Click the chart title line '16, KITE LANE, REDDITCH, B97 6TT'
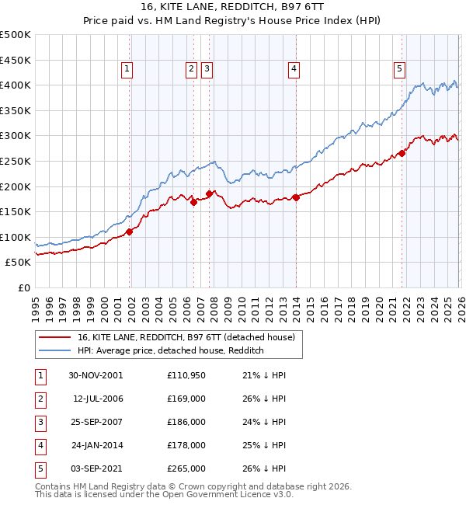tap(232, 7)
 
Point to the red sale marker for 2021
tap(402, 153)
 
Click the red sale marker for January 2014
tap(296, 197)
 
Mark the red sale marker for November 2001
tap(130, 232)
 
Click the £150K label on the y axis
tap(16, 211)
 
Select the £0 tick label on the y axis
tap(23, 287)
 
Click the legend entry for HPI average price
tap(171, 351)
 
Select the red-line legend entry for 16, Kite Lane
tap(186, 338)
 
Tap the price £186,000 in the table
tap(186, 422)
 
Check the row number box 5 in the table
tap(39, 468)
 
